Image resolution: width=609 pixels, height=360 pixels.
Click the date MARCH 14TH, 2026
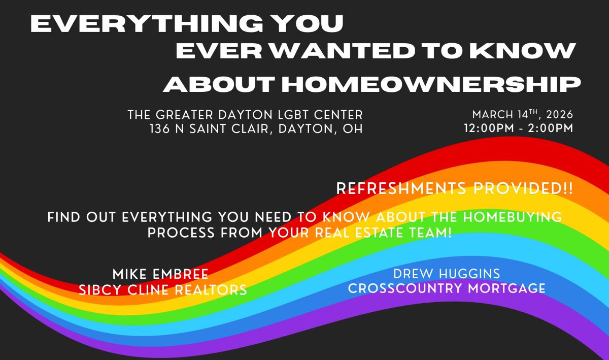pyautogui.click(x=523, y=114)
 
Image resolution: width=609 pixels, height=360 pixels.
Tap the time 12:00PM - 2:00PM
pyautogui.click(x=518, y=128)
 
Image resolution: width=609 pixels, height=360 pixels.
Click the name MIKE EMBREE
pyautogui.click(x=160, y=275)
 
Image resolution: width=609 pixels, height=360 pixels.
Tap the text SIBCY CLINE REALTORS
pyautogui.click(x=163, y=290)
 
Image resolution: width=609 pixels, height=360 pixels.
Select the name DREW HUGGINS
pyautogui.click(x=447, y=274)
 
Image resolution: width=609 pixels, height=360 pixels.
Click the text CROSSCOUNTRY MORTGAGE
pyautogui.click(x=447, y=288)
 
